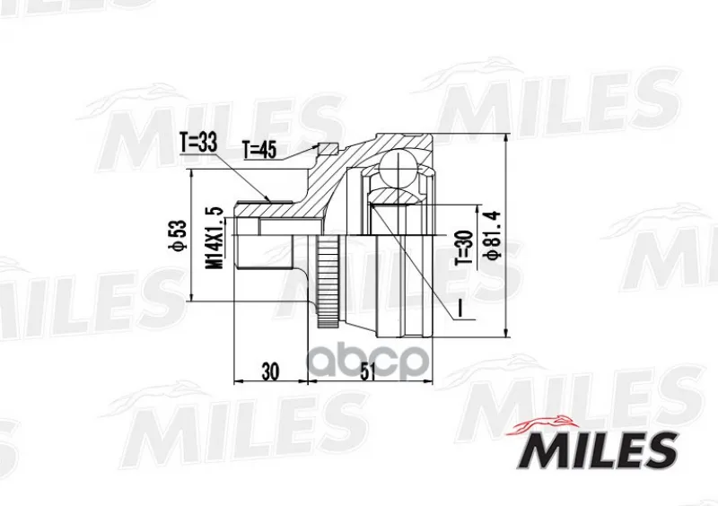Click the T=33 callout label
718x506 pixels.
click(x=198, y=144)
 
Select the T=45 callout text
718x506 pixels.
click(x=259, y=150)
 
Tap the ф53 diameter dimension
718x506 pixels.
click(x=178, y=234)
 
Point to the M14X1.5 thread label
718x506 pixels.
click(x=215, y=238)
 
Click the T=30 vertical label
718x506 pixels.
click(x=463, y=248)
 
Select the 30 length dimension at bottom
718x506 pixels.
click(x=271, y=371)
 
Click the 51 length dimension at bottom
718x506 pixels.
click(x=368, y=371)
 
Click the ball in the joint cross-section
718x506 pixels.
click(x=398, y=168)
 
